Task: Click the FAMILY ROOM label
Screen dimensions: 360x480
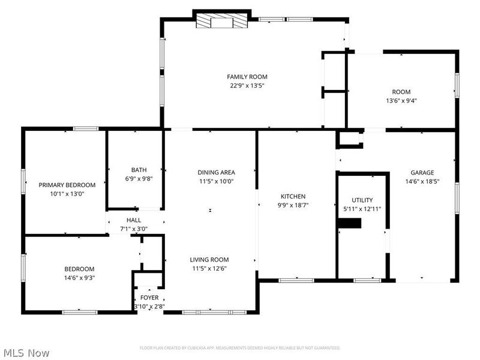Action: (x=247, y=77)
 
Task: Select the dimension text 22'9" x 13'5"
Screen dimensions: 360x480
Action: (x=247, y=86)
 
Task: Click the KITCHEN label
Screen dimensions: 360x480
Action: (x=293, y=196)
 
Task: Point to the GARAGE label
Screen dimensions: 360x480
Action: (x=422, y=173)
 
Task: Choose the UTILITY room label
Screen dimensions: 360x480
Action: (x=362, y=200)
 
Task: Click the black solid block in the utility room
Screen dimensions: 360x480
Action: (x=349, y=224)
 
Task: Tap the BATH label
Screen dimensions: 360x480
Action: (x=139, y=170)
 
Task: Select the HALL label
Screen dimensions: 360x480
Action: (x=133, y=220)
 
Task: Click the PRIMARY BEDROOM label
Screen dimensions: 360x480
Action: (x=67, y=185)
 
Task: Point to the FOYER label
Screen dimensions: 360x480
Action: (x=149, y=298)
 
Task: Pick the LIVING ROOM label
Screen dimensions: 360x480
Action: (x=209, y=260)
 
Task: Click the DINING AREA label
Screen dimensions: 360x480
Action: (x=217, y=173)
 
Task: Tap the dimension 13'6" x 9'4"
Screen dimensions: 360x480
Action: (x=401, y=101)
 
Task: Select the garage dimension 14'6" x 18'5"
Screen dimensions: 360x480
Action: (x=422, y=181)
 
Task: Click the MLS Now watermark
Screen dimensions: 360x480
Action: (x=26, y=353)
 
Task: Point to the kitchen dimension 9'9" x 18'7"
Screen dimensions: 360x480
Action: (x=293, y=205)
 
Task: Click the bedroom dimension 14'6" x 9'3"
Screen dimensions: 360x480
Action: (x=79, y=277)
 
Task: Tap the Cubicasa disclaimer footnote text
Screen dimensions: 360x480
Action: (x=240, y=348)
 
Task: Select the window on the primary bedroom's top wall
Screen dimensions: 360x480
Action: (x=86, y=128)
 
